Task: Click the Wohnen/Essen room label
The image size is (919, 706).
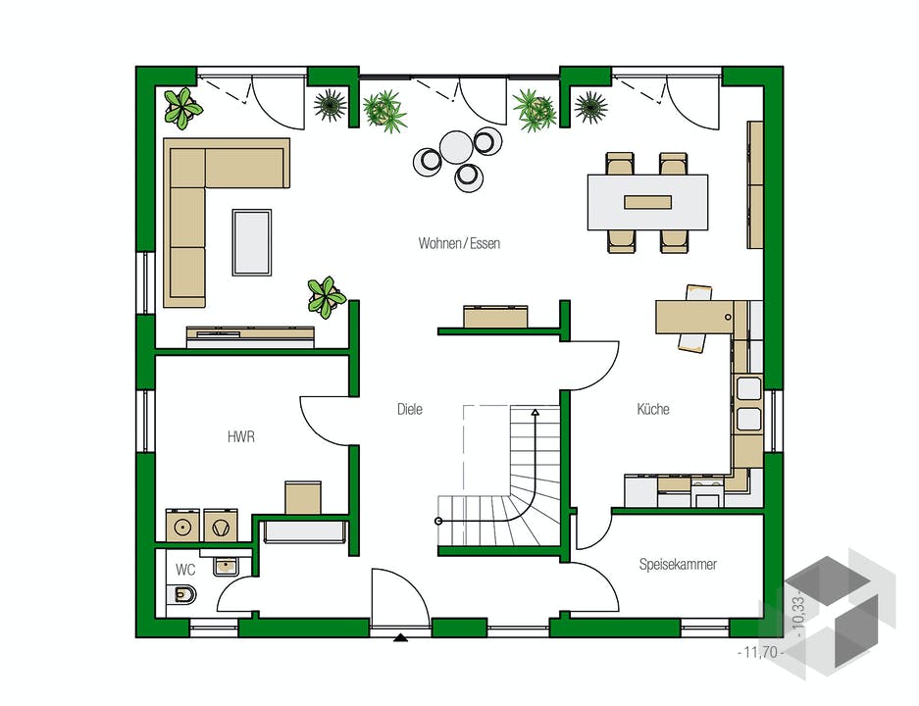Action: tap(459, 243)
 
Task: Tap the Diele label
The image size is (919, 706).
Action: tap(410, 409)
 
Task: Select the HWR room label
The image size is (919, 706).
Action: tap(241, 436)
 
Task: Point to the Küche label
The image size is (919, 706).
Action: tap(653, 408)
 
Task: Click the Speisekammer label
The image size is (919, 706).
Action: tap(678, 564)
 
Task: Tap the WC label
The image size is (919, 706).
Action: tap(185, 570)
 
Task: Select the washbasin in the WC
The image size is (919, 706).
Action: tap(225, 566)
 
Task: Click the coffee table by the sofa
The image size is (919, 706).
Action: tap(252, 242)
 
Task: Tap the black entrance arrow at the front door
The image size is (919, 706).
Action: tap(400, 637)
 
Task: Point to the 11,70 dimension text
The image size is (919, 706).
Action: tap(760, 652)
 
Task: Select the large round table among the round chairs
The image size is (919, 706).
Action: tap(456, 147)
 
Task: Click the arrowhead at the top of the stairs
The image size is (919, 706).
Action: tap(536, 413)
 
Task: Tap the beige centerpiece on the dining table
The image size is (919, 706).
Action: tap(647, 202)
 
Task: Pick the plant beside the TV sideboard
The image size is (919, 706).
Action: tap(326, 297)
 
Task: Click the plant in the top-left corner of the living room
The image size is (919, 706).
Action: tap(182, 108)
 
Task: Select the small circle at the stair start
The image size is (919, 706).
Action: tap(438, 521)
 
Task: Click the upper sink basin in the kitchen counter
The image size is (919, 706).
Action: tap(748, 388)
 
